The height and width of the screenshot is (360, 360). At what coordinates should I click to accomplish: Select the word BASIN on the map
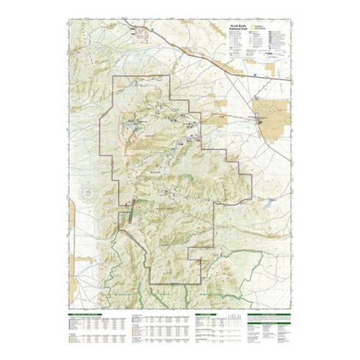pyautogui.click(x=154, y=174)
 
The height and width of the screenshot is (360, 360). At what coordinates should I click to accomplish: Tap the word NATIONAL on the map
pyautogui.click(x=167, y=207)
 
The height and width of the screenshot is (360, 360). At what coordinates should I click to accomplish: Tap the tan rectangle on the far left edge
pyautogui.click(x=72, y=216)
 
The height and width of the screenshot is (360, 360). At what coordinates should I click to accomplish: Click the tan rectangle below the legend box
pyautogui.click(x=271, y=69)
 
